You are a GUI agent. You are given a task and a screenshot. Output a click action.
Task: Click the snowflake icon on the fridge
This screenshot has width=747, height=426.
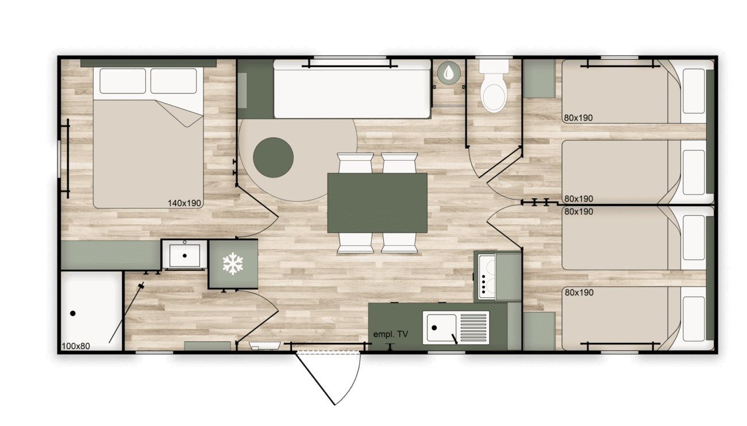233,264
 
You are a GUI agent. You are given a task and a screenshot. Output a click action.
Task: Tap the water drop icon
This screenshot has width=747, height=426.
449,72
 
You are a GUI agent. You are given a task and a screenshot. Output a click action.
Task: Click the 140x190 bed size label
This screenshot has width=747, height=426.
184,203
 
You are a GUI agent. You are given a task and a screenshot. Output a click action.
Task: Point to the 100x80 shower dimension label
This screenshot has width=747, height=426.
76,346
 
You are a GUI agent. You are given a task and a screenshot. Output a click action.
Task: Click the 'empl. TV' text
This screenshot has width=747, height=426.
391,334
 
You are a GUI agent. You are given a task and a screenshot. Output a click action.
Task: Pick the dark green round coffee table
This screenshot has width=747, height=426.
273,157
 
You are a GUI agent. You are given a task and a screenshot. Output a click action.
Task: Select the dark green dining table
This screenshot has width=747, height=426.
377,203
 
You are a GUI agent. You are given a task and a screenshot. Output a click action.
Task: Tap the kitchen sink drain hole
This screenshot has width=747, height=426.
434,328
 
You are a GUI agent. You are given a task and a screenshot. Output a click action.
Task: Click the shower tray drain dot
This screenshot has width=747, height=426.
73,313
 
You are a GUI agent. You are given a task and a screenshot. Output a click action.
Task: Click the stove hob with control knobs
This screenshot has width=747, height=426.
487,277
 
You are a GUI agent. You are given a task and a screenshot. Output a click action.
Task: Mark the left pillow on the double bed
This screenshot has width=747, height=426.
123,81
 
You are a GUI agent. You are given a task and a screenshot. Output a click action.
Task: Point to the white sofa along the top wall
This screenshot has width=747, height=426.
352,89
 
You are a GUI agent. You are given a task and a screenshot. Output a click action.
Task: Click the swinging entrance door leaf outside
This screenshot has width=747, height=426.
315,379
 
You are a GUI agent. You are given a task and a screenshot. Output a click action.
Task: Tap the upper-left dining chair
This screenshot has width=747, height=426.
355,163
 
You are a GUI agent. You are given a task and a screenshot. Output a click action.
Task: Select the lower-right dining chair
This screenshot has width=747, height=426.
399,243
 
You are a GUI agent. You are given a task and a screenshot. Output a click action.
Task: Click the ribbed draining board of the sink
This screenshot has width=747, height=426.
473,328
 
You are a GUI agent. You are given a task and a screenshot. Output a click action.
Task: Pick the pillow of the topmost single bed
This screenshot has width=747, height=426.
694,91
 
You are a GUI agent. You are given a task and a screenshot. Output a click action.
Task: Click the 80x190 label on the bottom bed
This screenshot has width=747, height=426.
579,292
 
